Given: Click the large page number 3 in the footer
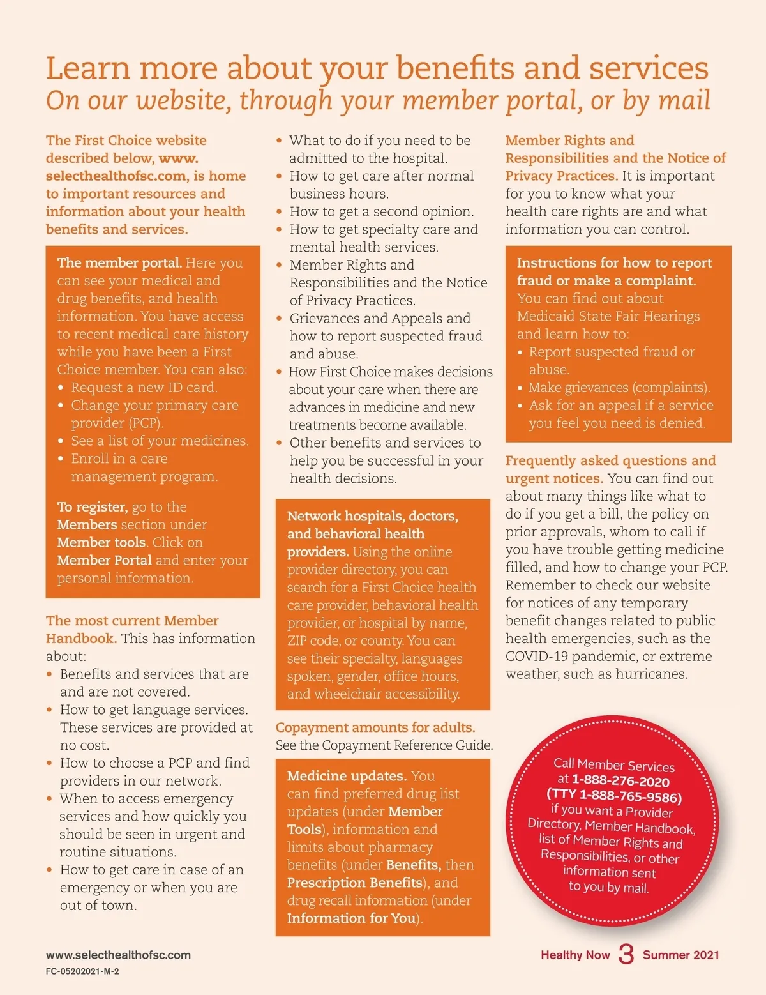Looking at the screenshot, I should tap(626, 954).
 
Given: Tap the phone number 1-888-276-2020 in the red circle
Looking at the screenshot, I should tap(620, 780).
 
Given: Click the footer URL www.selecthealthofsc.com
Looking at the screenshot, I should tap(118, 955).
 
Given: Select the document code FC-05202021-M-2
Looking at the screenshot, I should tap(82, 971).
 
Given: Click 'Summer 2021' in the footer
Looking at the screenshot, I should tap(680, 955).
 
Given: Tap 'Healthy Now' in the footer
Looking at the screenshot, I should tap(575, 955).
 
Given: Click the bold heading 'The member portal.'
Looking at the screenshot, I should tap(119, 263).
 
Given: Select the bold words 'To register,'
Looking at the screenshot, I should tap(92, 507).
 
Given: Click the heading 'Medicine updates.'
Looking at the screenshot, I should tap(347, 776).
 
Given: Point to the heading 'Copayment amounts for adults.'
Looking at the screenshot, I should tap(375, 727).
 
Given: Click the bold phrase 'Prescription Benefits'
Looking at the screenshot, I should tap(354, 883).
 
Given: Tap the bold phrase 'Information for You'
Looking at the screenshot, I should tap(351, 918).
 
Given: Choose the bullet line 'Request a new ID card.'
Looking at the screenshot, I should tap(144, 388).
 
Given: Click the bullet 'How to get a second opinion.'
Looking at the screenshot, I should tap(381, 212).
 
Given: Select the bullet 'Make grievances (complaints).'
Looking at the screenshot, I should tap(619, 388).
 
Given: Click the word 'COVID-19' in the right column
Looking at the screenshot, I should tap(535, 657).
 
